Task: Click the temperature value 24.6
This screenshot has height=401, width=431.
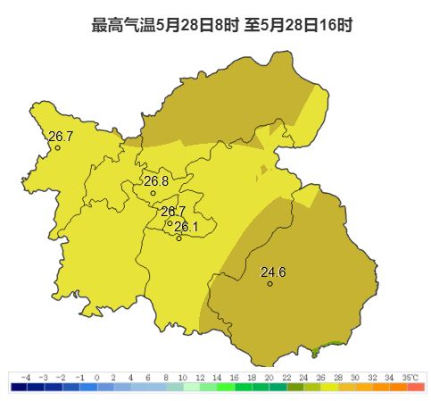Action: [273, 272]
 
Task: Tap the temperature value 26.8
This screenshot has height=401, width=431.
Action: [156, 180]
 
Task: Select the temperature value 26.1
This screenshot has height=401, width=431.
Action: [186, 227]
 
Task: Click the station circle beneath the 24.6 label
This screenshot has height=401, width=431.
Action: [269, 284]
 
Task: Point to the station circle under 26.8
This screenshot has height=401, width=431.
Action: [153, 193]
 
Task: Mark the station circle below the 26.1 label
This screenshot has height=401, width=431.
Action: [179, 238]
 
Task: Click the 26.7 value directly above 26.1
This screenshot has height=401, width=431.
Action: [173, 212]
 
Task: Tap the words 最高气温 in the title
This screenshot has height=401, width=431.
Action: [123, 25]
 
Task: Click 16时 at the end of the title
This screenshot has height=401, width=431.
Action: [338, 25]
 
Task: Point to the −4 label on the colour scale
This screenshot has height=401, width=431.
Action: [26, 378]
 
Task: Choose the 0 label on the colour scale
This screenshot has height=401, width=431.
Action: [96, 378]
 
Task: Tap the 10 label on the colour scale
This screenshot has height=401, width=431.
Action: [182, 378]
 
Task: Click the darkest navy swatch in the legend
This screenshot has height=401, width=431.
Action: [19, 387]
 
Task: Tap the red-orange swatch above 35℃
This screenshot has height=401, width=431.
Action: [416, 387]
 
